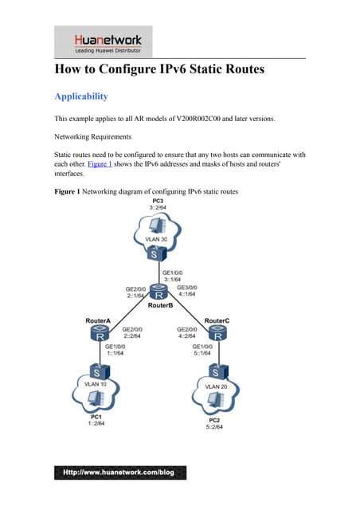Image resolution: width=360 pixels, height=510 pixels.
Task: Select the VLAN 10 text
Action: click(x=97, y=384)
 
